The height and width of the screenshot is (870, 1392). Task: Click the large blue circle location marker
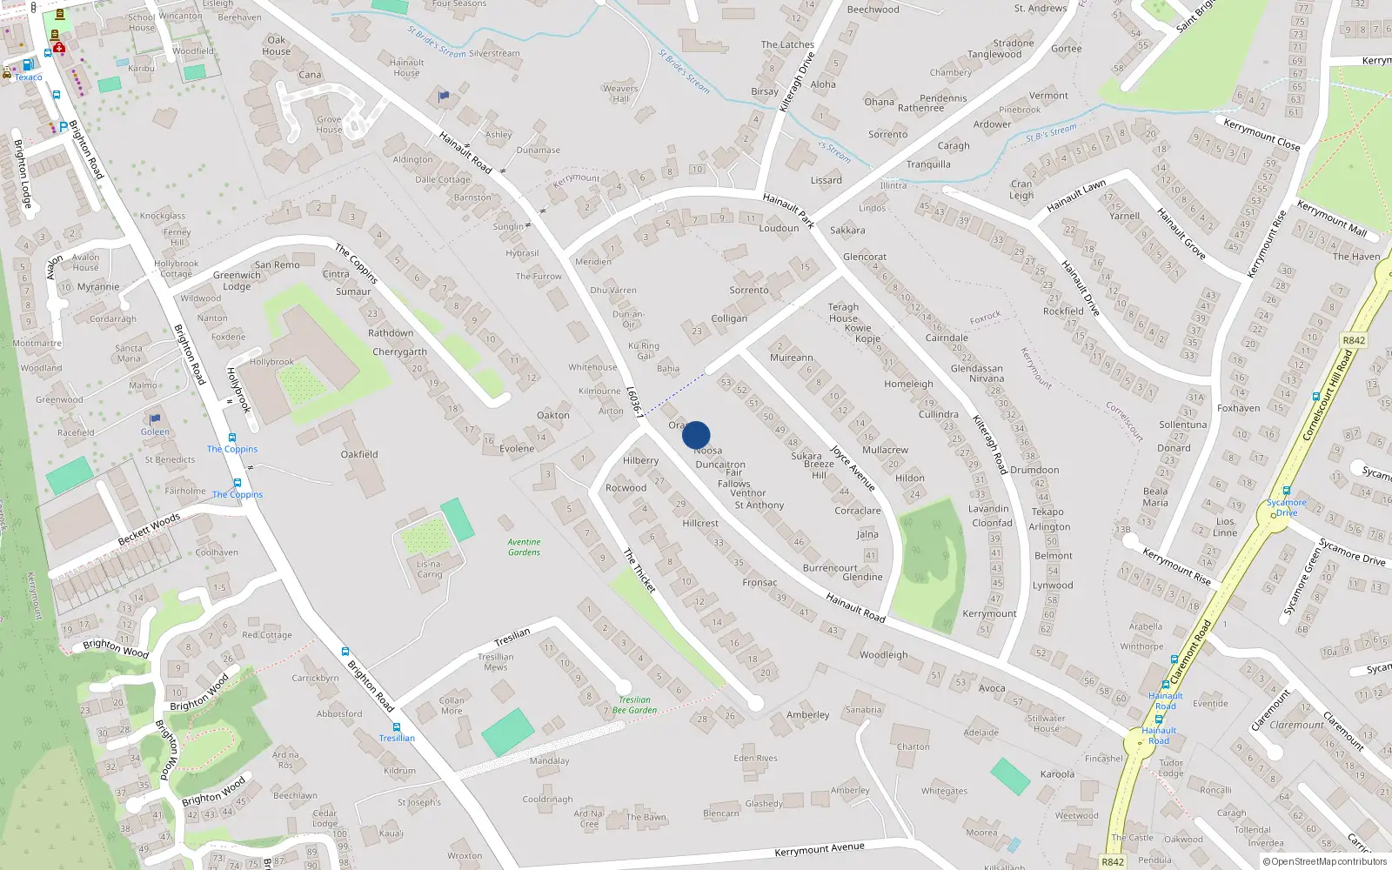click(696, 435)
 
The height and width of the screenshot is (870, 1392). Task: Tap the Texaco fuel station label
click(28, 77)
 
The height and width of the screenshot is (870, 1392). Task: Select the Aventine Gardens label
click(524, 547)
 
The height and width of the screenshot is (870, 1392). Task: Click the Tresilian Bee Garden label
click(634, 705)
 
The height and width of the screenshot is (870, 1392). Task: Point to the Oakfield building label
click(359, 454)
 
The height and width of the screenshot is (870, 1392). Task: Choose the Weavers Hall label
click(620, 93)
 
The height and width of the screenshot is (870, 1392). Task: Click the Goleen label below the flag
click(155, 432)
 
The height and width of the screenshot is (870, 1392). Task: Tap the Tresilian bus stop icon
click(397, 726)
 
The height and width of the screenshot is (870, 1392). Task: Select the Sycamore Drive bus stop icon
click(1286, 491)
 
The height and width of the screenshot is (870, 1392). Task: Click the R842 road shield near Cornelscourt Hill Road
click(1354, 340)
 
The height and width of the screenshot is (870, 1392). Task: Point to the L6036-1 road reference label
click(635, 402)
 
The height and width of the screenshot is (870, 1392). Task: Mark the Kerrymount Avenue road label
click(820, 848)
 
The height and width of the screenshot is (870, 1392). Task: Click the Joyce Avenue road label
click(853, 468)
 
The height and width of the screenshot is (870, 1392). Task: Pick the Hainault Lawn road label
click(1076, 196)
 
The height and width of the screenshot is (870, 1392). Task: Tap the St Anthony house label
click(759, 505)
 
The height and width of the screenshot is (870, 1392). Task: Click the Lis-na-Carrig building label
click(429, 569)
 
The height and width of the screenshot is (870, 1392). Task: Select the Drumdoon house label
click(1034, 470)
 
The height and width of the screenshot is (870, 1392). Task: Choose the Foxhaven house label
click(1238, 408)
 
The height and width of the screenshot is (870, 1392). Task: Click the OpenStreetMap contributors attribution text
click(1328, 862)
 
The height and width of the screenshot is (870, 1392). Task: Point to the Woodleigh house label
click(883, 655)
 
